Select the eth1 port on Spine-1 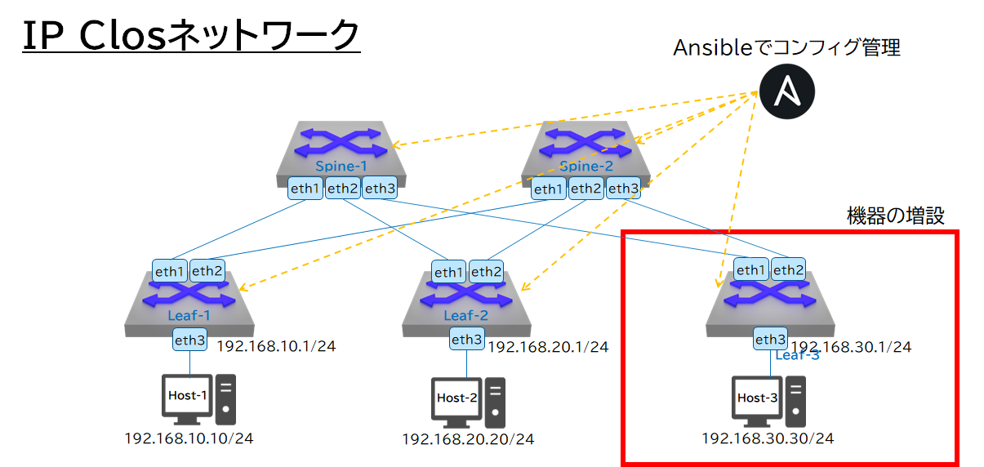coord(305,189)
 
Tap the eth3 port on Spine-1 coord(380,189)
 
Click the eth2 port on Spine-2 coord(585,189)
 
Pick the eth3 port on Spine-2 coord(622,189)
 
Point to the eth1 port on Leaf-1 coord(170,271)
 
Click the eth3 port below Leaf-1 coord(189,340)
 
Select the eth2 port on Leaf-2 coord(485,273)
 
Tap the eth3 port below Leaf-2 coord(466,340)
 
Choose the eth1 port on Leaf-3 coord(751,270)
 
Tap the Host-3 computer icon coord(768,401)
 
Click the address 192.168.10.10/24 coord(189,438)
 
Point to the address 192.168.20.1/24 coord(548,347)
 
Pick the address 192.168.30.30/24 coord(768,438)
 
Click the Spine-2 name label coord(585,166)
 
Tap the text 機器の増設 coord(895,216)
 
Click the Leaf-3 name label coord(797,355)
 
